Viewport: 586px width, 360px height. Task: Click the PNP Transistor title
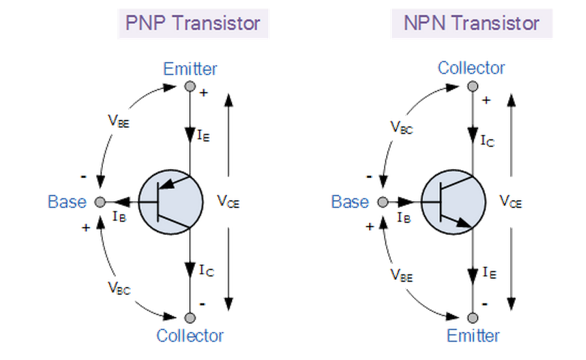click(x=193, y=24)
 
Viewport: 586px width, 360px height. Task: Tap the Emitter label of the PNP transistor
click(x=190, y=69)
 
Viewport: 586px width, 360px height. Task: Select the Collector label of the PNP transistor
click(x=190, y=335)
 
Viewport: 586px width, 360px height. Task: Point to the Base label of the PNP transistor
click(x=67, y=202)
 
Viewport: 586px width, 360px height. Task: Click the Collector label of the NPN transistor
click(x=471, y=69)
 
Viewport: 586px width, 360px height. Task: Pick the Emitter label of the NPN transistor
click(x=473, y=335)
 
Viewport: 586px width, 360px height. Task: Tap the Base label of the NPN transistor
click(x=350, y=202)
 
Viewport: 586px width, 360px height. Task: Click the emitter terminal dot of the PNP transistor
click(x=189, y=86)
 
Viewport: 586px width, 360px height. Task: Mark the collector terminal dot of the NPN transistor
click(x=472, y=86)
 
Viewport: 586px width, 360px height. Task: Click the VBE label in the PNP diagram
click(x=119, y=121)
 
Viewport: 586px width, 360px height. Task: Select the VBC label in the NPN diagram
click(x=402, y=127)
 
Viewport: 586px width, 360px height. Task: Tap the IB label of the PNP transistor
click(x=120, y=217)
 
